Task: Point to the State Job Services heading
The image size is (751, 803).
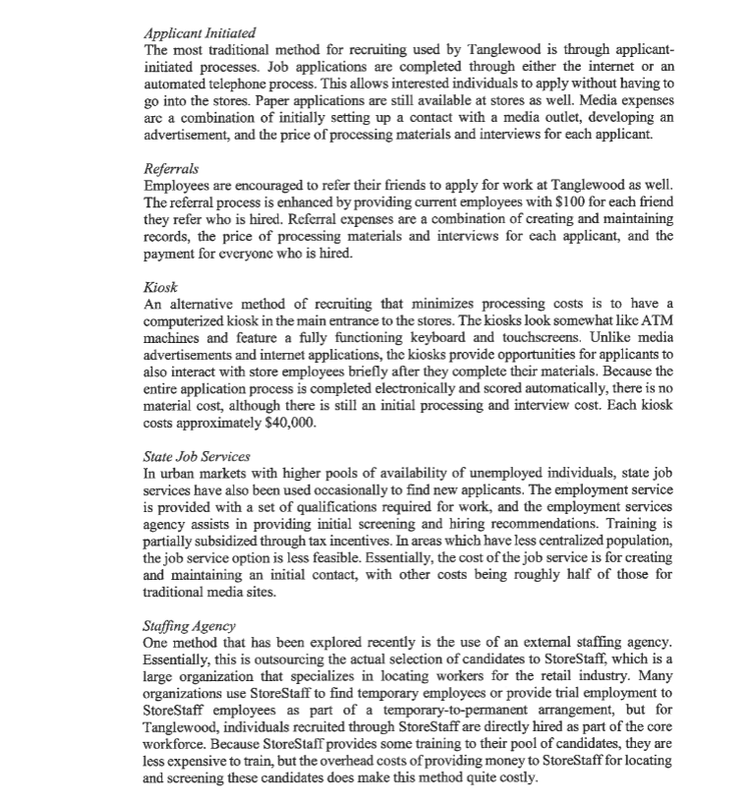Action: [197, 456]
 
